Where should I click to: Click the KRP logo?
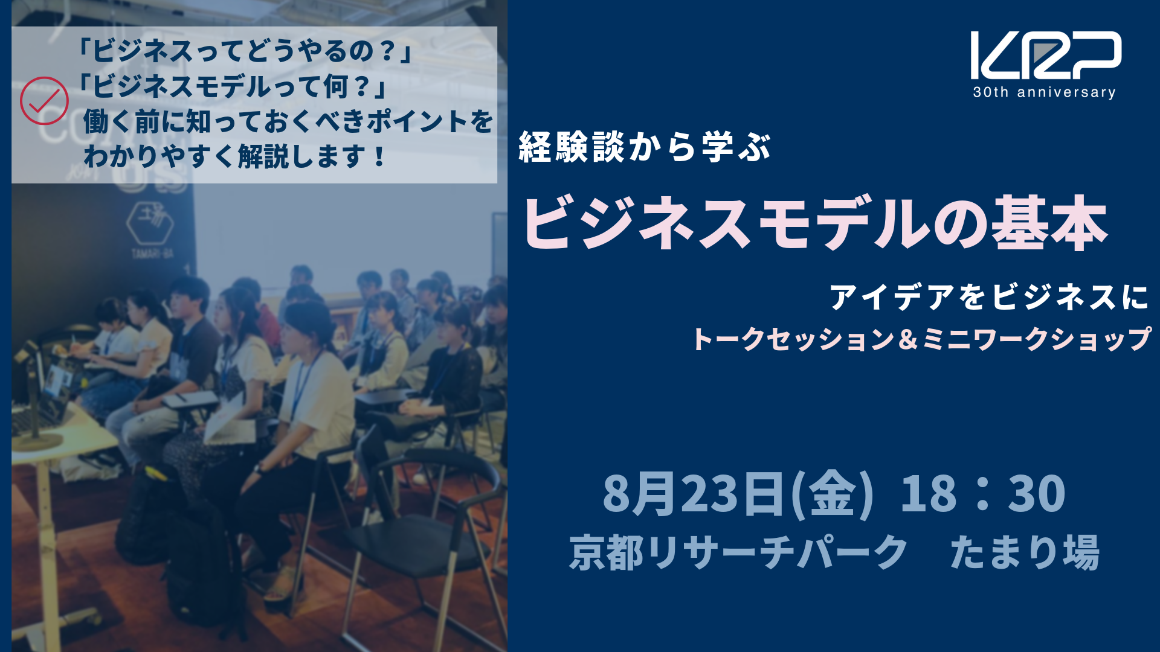(1046, 55)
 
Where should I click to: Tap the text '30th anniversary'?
(1044, 92)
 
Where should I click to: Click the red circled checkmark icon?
(44, 101)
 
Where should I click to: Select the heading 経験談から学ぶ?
(645, 147)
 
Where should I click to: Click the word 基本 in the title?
(1051, 223)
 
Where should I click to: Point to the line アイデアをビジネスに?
(989, 298)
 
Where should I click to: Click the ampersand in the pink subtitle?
(908, 339)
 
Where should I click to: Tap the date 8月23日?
(695, 493)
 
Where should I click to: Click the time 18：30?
(983, 493)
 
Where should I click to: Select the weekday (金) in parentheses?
(831, 494)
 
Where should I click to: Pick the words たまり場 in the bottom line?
(1025, 552)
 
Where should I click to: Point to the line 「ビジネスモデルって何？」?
(233, 86)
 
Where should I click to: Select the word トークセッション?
(793, 339)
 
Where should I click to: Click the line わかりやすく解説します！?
(234, 156)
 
